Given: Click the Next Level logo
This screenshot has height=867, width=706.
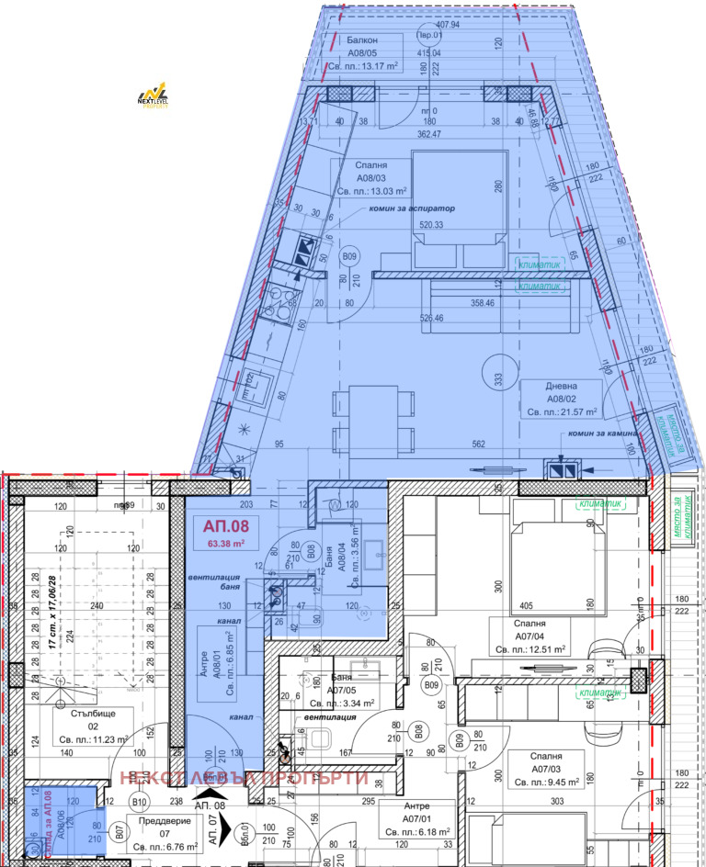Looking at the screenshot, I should [x=152, y=96].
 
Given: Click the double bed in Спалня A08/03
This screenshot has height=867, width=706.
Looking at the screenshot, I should [x=459, y=210].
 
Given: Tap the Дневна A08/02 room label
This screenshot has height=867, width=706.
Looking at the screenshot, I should [x=560, y=400].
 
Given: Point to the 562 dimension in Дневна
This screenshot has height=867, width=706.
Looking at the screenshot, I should [x=478, y=445].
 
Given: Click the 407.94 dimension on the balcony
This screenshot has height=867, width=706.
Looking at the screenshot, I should [x=450, y=25].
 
